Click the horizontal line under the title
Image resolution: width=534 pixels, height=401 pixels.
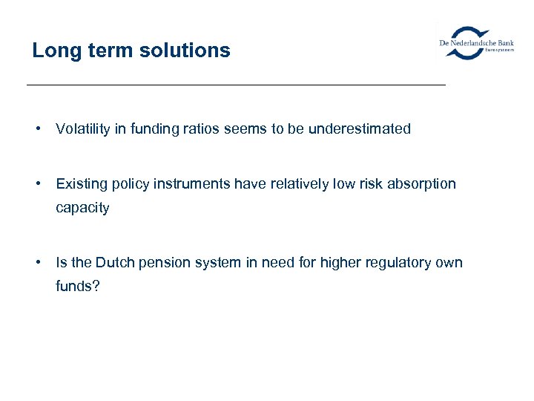tap(236, 85)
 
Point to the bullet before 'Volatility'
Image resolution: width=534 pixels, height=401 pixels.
tap(36, 128)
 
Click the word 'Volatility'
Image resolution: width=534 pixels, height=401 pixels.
tap(82, 128)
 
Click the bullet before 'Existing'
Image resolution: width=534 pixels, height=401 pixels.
tap(36, 183)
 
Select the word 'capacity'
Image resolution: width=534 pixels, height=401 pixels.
tap(82, 209)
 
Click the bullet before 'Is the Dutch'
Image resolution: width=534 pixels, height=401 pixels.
tap(36, 262)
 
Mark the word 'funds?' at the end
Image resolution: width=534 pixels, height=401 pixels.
tap(77, 287)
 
